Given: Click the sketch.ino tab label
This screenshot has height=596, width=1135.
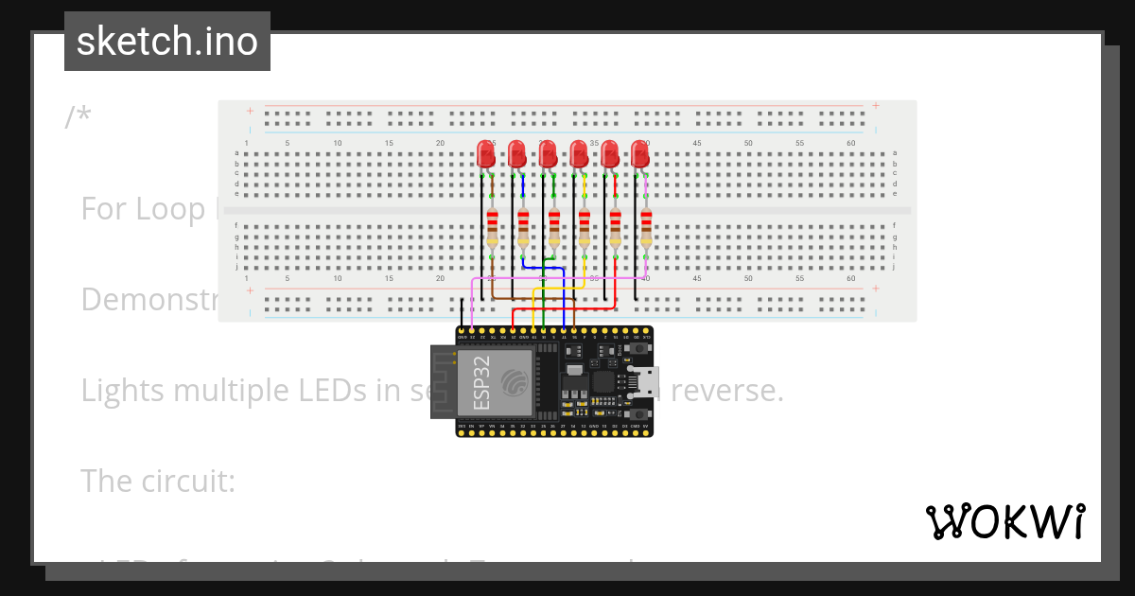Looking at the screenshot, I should [x=166, y=42].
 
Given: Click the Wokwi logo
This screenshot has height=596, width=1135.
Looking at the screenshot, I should [x=1004, y=521].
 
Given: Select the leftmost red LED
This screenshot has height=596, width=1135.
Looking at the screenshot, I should [x=485, y=153].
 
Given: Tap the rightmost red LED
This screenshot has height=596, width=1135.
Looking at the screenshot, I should [x=640, y=153].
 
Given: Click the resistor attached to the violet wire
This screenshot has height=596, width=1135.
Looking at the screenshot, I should [x=646, y=227].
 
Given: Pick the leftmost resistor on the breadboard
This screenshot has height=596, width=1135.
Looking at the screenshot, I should [x=492, y=227].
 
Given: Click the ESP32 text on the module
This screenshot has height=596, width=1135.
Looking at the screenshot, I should [x=480, y=382].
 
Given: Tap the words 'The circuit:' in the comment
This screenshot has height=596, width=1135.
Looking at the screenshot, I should [x=157, y=481].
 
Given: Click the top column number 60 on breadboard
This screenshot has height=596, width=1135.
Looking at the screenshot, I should [x=851, y=143].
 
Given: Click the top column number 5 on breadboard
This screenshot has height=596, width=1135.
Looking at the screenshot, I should [x=288, y=143].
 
